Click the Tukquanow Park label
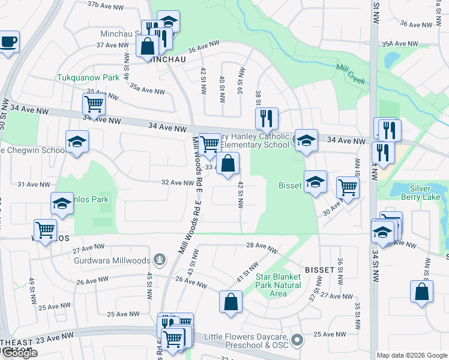point(88,77)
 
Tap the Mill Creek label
point(350,73)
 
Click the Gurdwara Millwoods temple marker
point(160,259)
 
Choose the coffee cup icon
point(8,42)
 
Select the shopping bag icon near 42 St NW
point(228,163)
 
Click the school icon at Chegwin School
point(76,142)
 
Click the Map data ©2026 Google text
point(412,355)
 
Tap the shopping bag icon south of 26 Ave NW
point(231,302)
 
